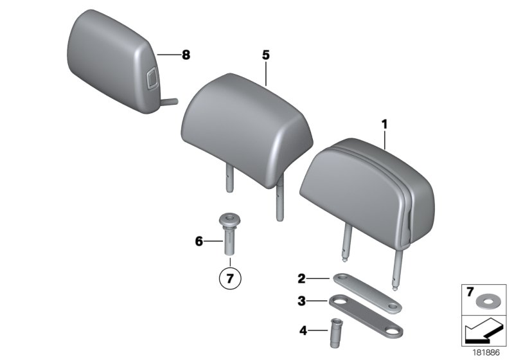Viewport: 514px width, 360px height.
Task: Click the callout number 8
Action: [x=186, y=55]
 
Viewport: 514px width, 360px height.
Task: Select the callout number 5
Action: [x=265, y=55]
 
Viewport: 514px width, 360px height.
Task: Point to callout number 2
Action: [x=301, y=279]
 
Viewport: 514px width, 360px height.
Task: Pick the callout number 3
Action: [x=301, y=300]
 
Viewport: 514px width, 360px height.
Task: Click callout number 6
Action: [x=199, y=242]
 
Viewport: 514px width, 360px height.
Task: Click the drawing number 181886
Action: [x=486, y=352]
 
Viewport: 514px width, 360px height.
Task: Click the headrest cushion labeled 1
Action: [x=366, y=186]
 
